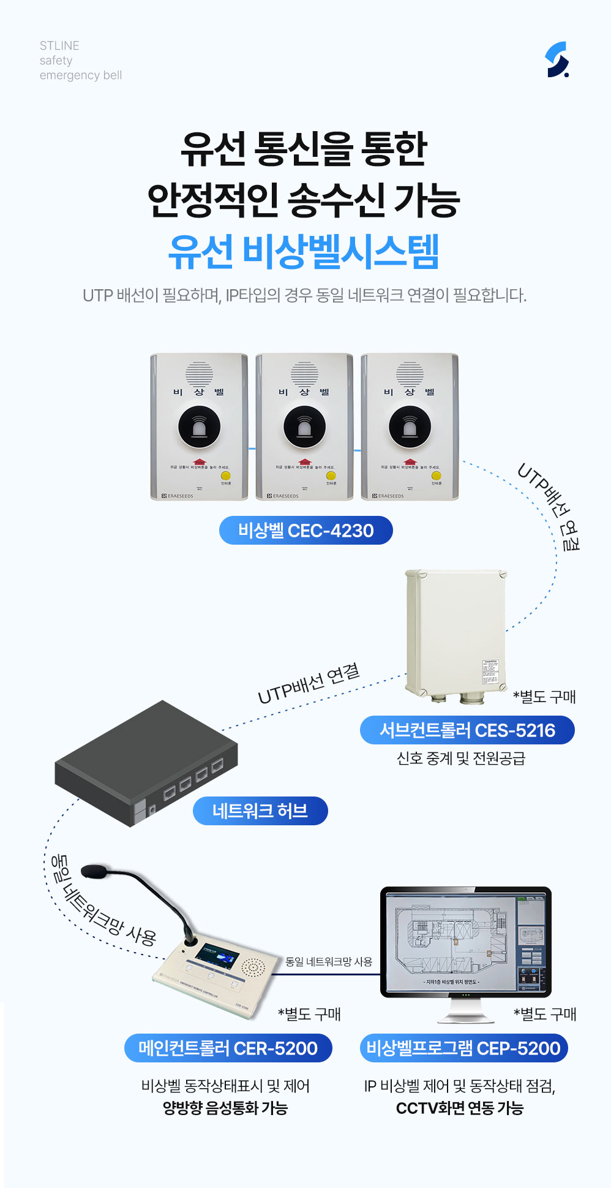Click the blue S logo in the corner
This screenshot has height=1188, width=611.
(557, 59)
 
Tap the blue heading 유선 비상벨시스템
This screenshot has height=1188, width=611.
(304, 252)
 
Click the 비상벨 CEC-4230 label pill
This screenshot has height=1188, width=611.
(305, 531)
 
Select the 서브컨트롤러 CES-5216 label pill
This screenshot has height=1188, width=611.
(467, 730)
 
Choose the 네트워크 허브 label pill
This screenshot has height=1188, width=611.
(260, 811)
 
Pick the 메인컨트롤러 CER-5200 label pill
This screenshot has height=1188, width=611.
(228, 1048)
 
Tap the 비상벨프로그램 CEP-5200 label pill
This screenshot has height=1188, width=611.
(463, 1048)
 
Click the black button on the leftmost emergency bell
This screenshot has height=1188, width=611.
(199, 426)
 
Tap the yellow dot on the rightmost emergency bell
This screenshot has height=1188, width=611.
(436, 475)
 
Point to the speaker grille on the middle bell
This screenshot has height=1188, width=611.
(304, 373)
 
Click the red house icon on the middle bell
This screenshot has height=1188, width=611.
(304, 461)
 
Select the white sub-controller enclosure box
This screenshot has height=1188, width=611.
(456, 631)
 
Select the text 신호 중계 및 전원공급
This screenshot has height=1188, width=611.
(461, 759)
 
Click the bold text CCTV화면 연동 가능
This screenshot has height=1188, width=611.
(460, 1108)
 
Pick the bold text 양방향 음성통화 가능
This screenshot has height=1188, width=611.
(225, 1108)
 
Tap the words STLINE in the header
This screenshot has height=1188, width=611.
(59, 46)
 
